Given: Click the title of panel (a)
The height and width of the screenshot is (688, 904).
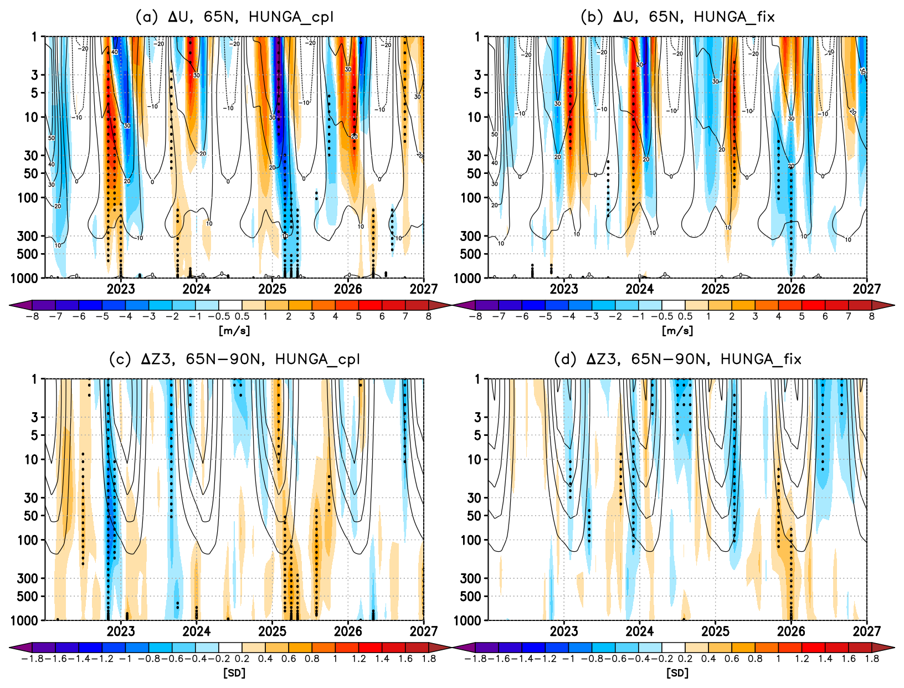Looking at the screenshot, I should pyautogui.click(x=234, y=17).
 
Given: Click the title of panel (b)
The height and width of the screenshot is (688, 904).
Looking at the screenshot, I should pyautogui.click(x=677, y=17).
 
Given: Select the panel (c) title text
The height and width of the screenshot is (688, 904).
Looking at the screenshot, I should pyautogui.click(x=234, y=360).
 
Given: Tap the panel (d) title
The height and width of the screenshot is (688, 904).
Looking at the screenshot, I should pyautogui.click(x=677, y=360).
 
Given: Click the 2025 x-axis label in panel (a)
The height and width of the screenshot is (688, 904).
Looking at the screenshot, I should pyautogui.click(x=272, y=289).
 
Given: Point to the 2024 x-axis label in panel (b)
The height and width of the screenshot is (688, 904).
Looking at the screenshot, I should pyautogui.click(x=640, y=289).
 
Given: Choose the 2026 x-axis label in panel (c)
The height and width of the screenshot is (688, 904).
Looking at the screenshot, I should pyautogui.click(x=348, y=631).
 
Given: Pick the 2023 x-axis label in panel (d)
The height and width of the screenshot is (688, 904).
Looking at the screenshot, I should pyautogui.click(x=564, y=631).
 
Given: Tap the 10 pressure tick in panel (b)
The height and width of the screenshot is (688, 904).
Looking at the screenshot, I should pyautogui.click(x=474, y=117).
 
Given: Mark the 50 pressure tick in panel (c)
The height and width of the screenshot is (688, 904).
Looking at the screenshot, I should pyautogui.click(x=31, y=516).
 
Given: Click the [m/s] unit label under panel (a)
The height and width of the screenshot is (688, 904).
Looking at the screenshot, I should pyautogui.click(x=234, y=331).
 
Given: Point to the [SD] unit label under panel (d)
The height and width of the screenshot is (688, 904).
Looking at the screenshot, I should pyautogui.click(x=677, y=673).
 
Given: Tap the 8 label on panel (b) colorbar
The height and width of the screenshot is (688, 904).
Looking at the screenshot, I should pyautogui.click(x=871, y=317).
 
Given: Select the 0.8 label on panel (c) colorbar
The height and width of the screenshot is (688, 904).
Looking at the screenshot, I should pyautogui.click(x=312, y=659).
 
